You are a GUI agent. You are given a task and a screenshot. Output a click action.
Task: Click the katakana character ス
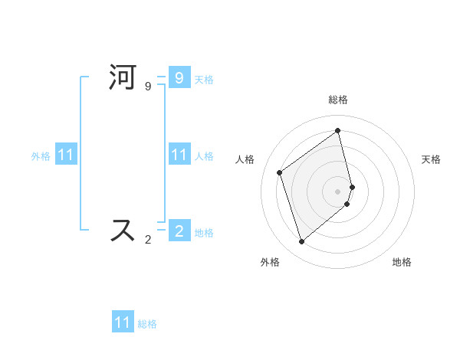[x=123, y=231]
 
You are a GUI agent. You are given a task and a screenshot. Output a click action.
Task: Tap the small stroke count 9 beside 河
[x=148, y=87]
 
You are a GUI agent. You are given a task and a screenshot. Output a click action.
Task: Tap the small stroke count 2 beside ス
[x=148, y=240]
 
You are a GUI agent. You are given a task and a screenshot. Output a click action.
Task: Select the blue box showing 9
[x=179, y=77]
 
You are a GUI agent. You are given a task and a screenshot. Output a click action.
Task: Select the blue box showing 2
[x=179, y=231]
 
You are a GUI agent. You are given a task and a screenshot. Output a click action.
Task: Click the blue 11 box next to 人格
[x=179, y=155]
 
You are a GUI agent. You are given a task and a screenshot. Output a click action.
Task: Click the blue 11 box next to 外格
[x=65, y=155]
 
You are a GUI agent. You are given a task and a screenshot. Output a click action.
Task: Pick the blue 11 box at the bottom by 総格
[x=123, y=322]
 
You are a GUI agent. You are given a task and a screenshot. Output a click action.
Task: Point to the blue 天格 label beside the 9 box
[x=204, y=80]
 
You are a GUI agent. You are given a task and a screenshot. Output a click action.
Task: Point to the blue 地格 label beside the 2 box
[x=204, y=233]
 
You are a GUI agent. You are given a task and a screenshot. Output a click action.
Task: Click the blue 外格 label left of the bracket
[x=41, y=156]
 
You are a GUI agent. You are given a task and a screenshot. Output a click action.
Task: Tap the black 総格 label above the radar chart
[x=338, y=100]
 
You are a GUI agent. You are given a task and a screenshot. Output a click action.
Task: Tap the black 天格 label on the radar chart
[x=431, y=159]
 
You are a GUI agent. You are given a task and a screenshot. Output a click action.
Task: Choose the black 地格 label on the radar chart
[x=402, y=263]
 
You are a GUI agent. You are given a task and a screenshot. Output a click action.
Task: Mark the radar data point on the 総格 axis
[x=338, y=130]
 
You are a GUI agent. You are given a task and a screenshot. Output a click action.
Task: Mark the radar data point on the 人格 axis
[x=280, y=172]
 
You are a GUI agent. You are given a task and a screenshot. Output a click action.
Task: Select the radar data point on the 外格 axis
[x=301, y=242]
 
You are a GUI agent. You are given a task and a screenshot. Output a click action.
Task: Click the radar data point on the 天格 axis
[x=352, y=186]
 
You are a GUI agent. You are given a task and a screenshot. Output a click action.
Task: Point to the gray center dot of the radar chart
[x=338, y=191]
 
